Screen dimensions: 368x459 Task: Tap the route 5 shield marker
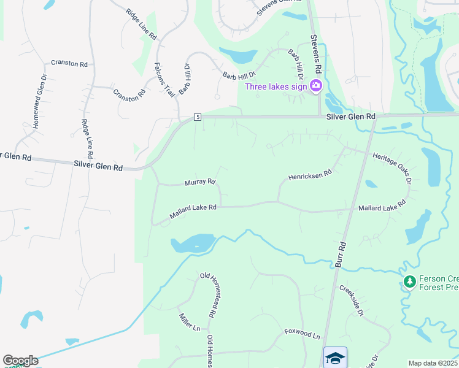(197, 117)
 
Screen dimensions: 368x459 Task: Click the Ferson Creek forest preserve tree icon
(409, 282)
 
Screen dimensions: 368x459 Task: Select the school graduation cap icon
(335, 357)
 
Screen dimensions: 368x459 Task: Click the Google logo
(20, 361)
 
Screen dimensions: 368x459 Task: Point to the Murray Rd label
(200, 182)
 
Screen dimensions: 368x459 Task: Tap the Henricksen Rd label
(310, 175)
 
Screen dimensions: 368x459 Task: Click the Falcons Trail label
(164, 80)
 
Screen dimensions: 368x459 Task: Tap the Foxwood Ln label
(302, 334)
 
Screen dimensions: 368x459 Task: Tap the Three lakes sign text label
(277, 86)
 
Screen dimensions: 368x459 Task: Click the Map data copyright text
(433, 363)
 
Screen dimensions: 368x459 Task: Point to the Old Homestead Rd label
(208, 294)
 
